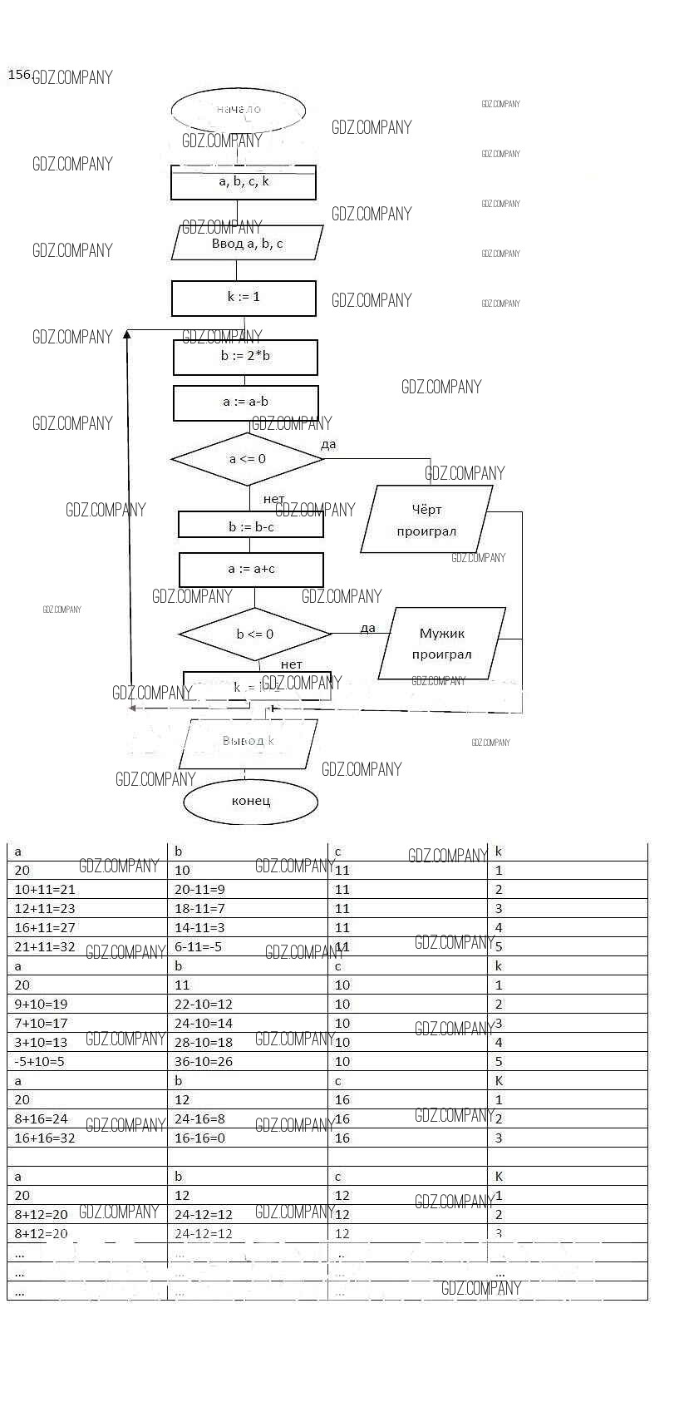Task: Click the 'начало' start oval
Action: coord(239,110)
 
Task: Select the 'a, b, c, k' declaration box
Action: coord(244,182)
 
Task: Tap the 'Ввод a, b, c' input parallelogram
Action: coord(247,243)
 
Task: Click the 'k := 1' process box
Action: coord(244,298)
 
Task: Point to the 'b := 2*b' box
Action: coord(245,357)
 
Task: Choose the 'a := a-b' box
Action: coord(245,402)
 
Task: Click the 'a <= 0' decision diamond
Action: coord(247,459)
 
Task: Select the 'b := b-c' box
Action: coord(251,526)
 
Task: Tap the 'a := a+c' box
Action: coord(251,570)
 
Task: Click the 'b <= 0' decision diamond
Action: coord(254,634)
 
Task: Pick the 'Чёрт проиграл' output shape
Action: coord(426,520)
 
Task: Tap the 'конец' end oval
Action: coord(250,802)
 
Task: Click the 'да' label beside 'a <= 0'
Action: coord(328,444)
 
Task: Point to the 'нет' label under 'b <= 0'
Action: coord(292,664)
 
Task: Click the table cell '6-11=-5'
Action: coord(198,946)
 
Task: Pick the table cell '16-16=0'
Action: coord(199,1138)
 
